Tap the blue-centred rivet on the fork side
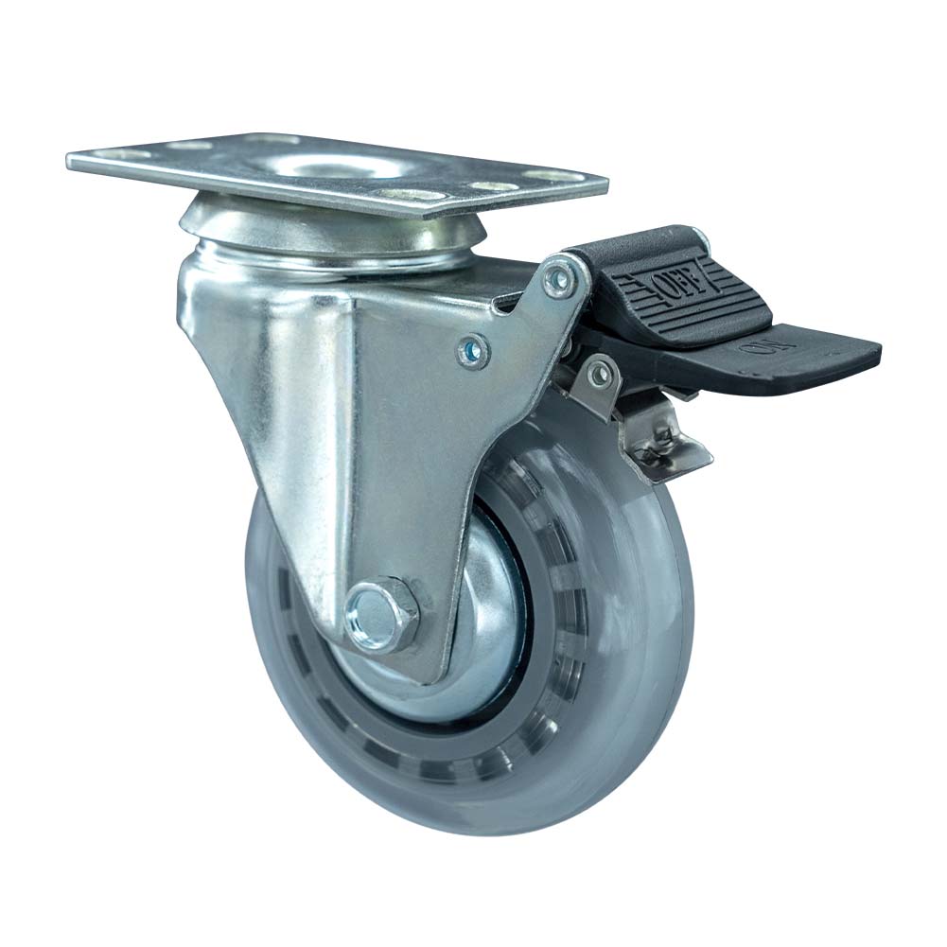coord(470,352)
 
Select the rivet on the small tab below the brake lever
coord(597,375)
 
